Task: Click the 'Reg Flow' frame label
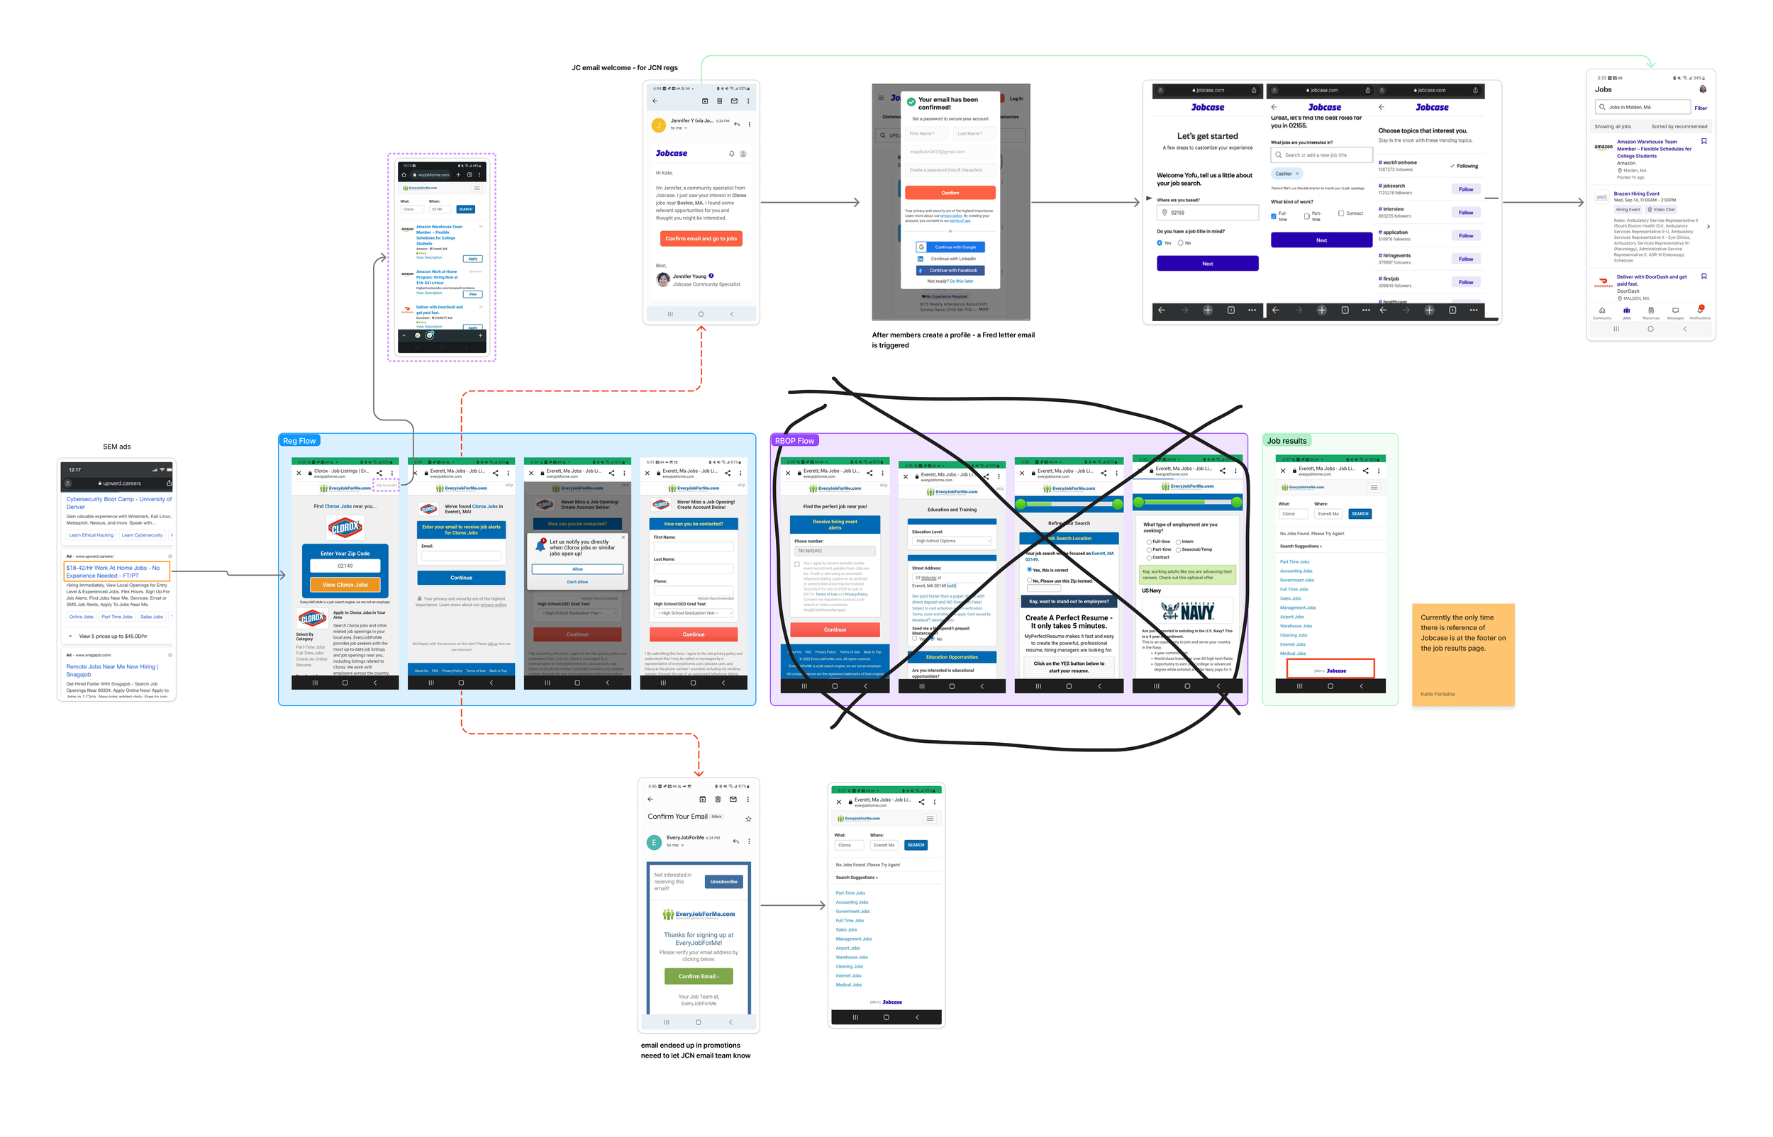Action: coord(299,441)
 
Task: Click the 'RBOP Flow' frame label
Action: coord(794,441)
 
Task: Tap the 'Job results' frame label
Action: coord(1286,441)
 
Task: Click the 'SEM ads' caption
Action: coord(117,447)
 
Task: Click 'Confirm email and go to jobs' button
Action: coord(700,238)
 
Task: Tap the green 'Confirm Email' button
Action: coord(698,976)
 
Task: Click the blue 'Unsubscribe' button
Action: coord(723,882)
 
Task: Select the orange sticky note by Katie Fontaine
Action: coord(1462,654)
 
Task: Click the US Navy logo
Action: coord(1187,610)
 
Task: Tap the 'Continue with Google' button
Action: coord(950,247)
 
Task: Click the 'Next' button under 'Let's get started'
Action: coord(1206,264)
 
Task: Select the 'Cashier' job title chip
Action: coord(1286,174)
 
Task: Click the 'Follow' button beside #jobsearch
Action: coord(1465,190)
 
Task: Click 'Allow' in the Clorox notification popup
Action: coord(577,569)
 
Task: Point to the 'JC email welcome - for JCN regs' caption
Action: coord(624,68)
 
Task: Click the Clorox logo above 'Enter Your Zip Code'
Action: coord(345,527)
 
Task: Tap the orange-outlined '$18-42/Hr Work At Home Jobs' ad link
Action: coord(116,571)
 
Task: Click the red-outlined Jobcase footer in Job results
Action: coord(1329,670)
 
